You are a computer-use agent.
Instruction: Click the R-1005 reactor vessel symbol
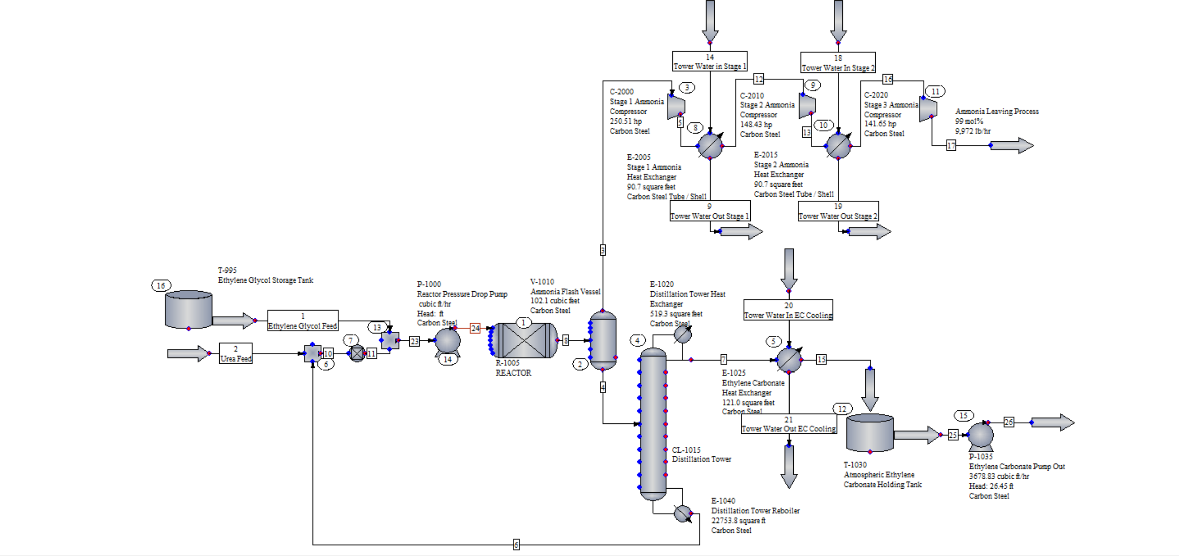(x=524, y=340)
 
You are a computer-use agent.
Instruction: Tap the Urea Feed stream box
(x=235, y=353)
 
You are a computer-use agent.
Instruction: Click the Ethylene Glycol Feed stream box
(x=303, y=320)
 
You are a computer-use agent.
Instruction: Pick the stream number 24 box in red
(x=475, y=328)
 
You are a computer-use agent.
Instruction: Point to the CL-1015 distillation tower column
(x=653, y=423)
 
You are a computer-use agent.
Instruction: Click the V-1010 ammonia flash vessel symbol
(x=603, y=340)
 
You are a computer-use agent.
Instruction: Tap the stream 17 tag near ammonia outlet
(x=951, y=146)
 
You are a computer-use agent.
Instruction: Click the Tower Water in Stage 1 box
(x=710, y=61)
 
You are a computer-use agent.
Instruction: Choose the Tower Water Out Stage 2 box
(x=838, y=211)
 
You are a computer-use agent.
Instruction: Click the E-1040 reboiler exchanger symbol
(x=683, y=513)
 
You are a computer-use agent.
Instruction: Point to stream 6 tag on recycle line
(x=516, y=545)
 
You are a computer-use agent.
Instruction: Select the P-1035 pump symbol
(x=980, y=435)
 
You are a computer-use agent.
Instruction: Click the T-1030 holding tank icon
(x=870, y=433)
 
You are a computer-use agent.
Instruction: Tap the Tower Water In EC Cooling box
(x=788, y=310)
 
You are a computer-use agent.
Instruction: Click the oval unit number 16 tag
(x=161, y=285)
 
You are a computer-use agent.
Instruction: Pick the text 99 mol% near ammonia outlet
(x=969, y=121)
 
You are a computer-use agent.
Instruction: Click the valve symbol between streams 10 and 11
(x=357, y=353)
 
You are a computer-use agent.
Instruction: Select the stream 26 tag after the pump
(x=1009, y=422)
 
